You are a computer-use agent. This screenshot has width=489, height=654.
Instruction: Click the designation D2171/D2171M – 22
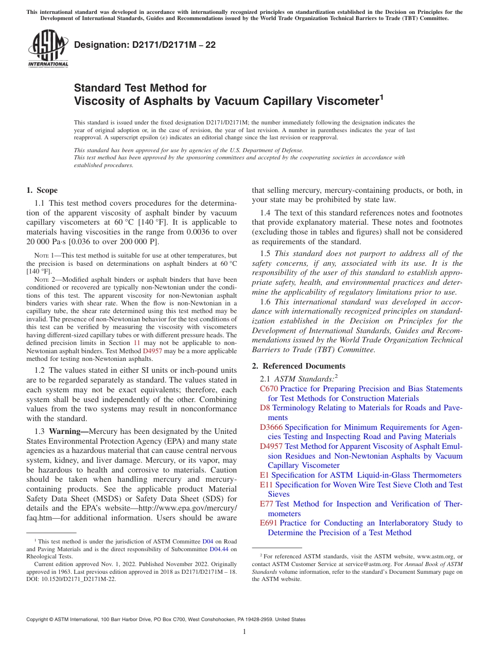click(x=145, y=45)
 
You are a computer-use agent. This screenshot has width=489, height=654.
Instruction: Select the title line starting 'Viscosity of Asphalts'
click(x=229, y=101)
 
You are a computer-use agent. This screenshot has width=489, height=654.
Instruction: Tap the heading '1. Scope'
click(x=42, y=190)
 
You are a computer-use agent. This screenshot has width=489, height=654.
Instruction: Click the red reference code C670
click(x=269, y=389)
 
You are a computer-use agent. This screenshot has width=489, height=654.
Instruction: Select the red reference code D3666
click(x=271, y=427)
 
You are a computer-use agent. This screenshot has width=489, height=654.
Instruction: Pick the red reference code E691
click(x=269, y=523)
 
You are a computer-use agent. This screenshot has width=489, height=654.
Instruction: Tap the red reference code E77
click(x=267, y=504)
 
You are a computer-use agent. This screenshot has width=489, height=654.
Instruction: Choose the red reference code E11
click(x=267, y=485)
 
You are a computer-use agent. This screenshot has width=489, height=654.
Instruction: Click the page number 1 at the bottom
click(x=244, y=632)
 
